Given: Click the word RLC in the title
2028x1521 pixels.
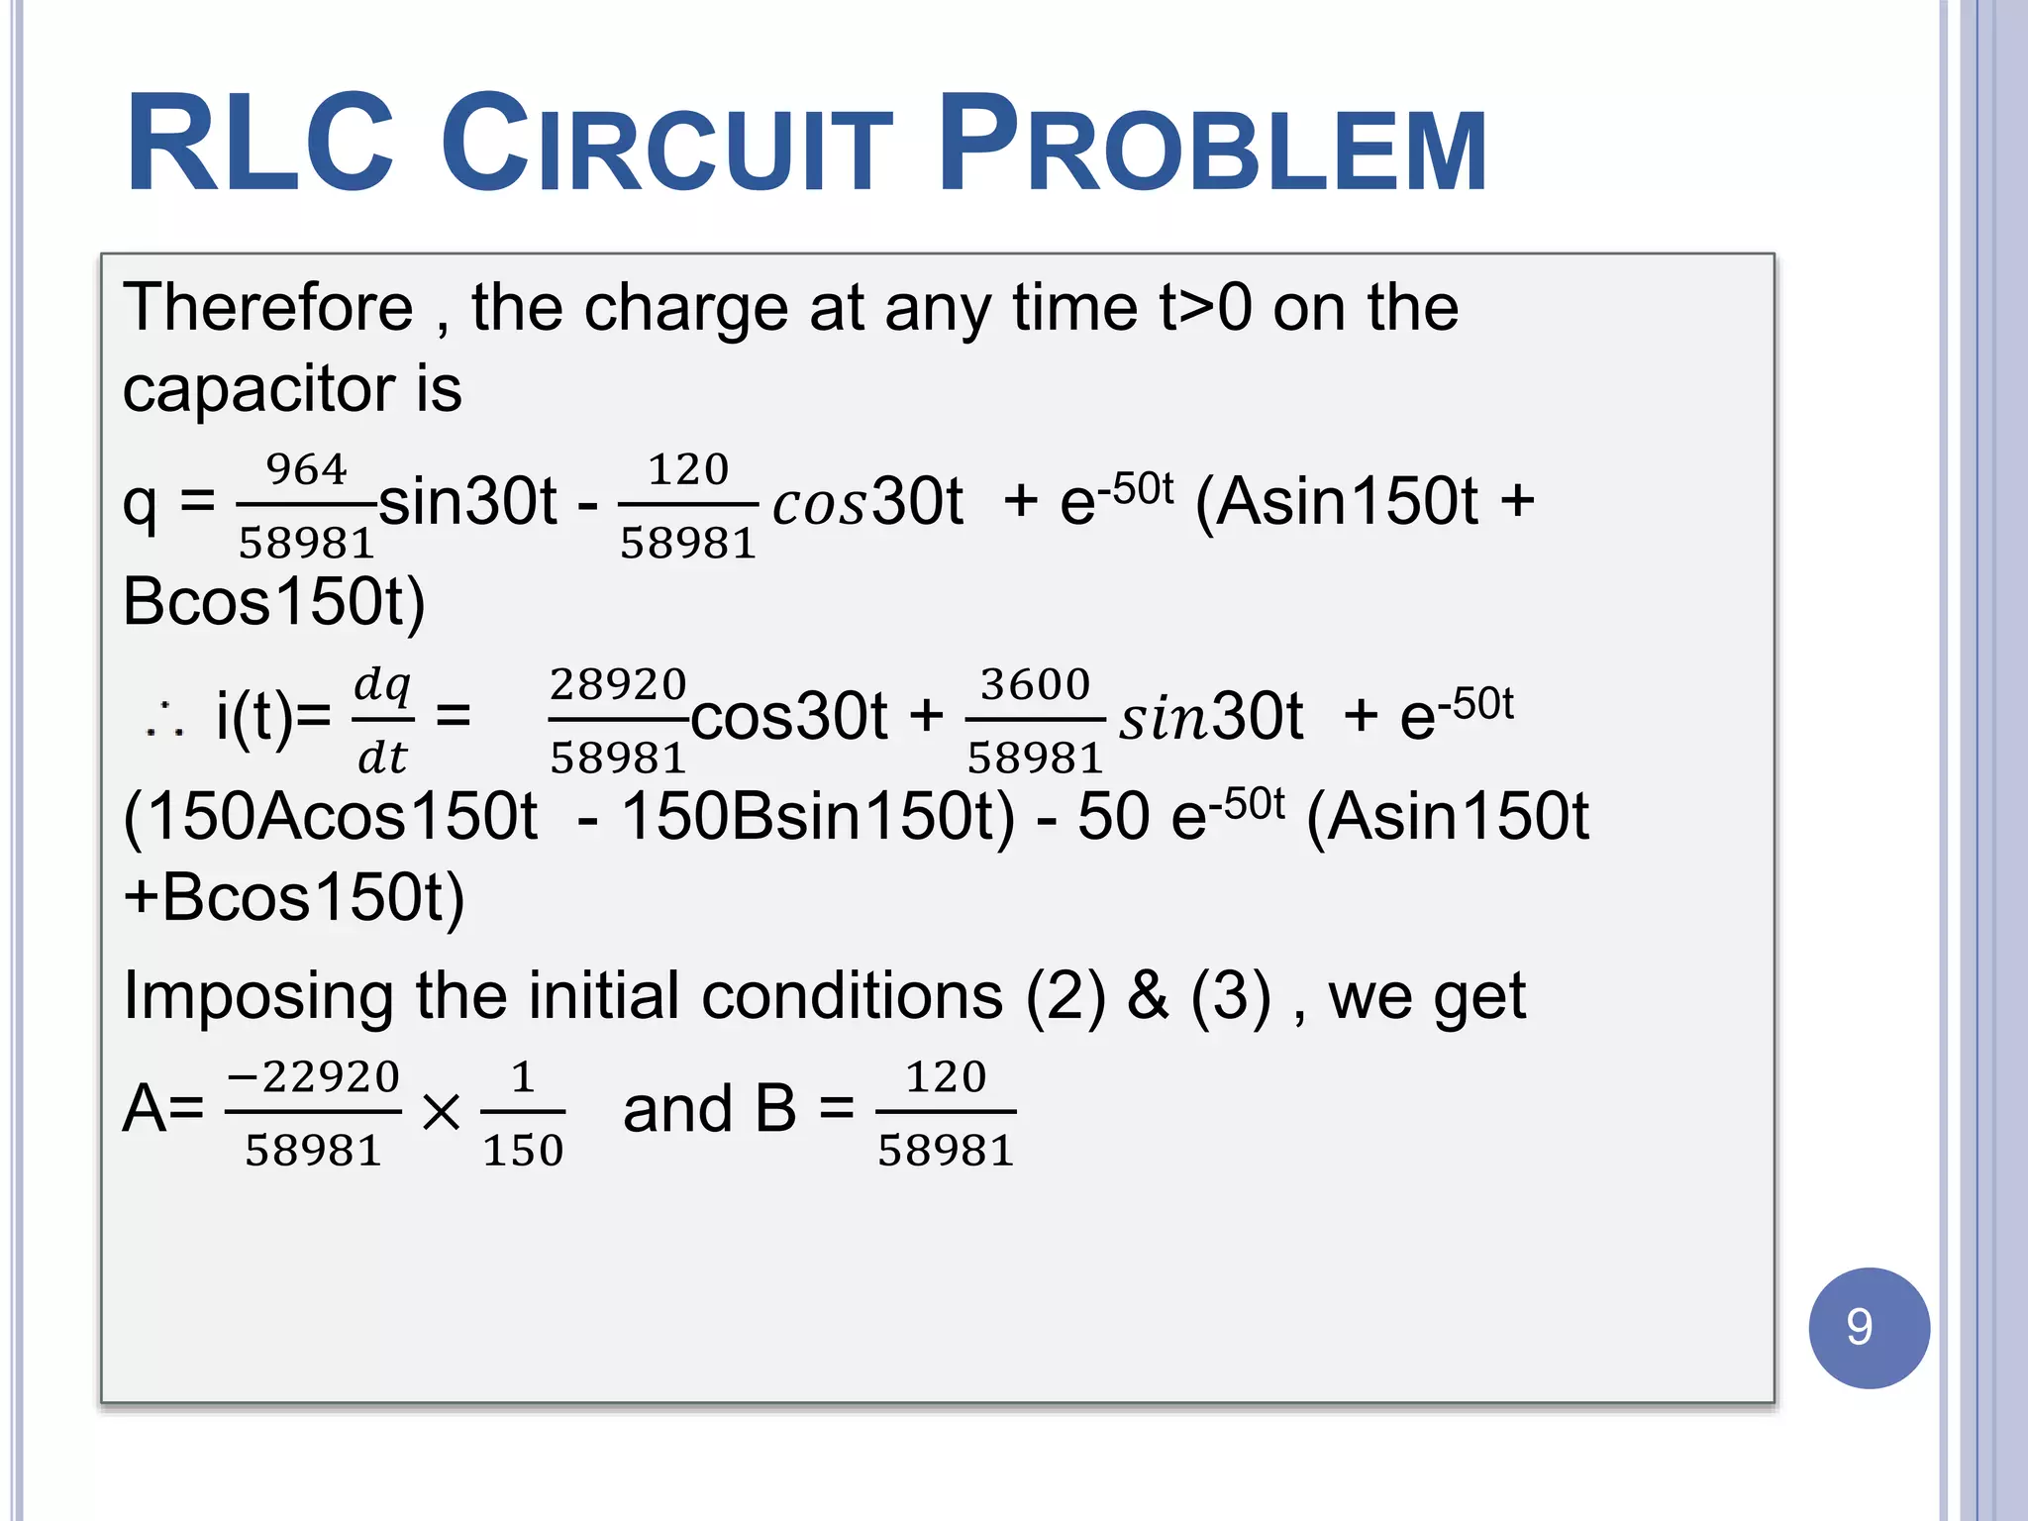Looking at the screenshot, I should click(x=259, y=144).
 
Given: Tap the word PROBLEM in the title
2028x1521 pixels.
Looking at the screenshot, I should click(x=1212, y=144).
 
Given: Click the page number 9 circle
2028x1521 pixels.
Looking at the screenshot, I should click(x=1868, y=1327).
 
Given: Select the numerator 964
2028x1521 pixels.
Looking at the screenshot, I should click(x=307, y=469).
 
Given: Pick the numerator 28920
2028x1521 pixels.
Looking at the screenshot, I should click(x=618, y=684).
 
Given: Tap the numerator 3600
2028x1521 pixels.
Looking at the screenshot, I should click(x=1035, y=684).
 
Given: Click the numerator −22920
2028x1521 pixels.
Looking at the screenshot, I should click(x=314, y=1076).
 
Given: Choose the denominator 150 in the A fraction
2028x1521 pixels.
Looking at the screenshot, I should click(x=523, y=1151).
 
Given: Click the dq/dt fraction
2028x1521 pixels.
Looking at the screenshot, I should click(x=382, y=720).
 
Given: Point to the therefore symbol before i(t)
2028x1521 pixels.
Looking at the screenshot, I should click(x=164, y=720).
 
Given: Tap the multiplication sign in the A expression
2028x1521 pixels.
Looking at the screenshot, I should click(x=441, y=1112).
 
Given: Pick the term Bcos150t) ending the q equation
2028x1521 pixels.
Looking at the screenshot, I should click(x=273, y=601).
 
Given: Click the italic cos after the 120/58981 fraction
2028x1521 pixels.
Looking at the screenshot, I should click(x=820, y=504).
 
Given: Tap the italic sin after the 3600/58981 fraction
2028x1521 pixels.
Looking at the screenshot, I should click(x=1165, y=718).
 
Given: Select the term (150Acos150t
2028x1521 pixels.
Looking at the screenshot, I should click(x=330, y=817).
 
